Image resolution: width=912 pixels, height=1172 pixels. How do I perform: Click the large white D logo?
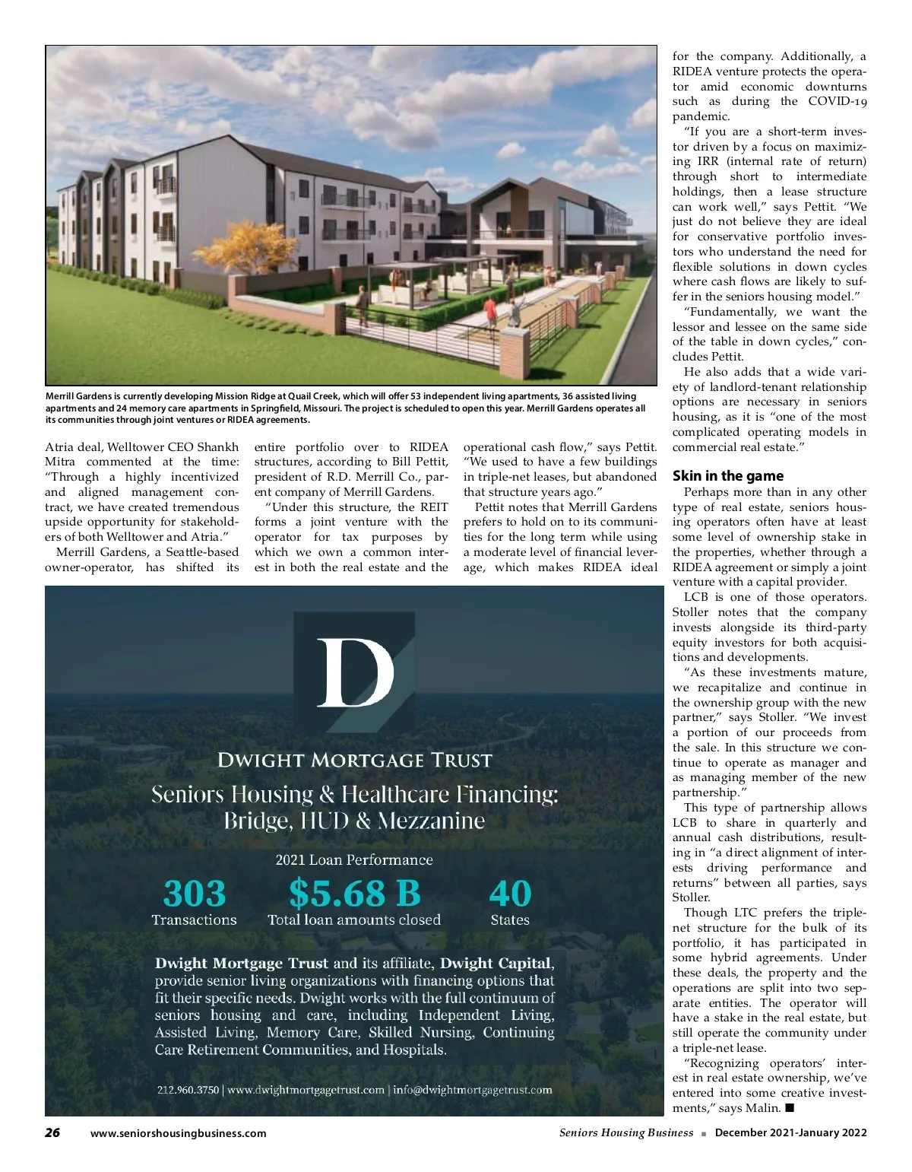click(354, 673)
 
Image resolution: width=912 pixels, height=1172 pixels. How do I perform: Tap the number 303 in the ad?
click(195, 894)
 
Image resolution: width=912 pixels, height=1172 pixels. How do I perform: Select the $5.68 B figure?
click(354, 894)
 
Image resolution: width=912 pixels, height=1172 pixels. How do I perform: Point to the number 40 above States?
click(510, 894)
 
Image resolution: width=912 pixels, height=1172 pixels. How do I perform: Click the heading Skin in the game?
click(727, 476)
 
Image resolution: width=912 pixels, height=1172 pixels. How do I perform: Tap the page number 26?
click(52, 1132)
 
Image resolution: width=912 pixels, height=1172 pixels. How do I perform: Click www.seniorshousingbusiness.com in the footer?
click(178, 1133)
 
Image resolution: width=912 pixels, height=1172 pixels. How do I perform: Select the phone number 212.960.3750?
click(187, 1090)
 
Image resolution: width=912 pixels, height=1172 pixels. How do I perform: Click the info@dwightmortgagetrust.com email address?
click(472, 1090)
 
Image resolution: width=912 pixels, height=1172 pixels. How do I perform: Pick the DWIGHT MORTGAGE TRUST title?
click(354, 760)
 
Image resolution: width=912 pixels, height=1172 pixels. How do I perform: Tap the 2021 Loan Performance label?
click(354, 860)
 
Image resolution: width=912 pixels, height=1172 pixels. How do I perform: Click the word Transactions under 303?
click(194, 920)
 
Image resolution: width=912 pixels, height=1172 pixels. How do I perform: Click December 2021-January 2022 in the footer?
click(790, 1132)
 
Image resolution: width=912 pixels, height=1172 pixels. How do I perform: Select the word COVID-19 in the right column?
click(837, 101)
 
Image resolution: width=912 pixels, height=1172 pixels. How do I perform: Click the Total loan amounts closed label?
click(354, 920)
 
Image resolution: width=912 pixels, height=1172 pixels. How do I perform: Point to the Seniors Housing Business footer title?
click(626, 1132)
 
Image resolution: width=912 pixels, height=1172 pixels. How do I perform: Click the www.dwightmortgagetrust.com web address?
click(306, 1090)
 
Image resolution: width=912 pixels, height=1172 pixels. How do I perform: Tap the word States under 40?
click(510, 920)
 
